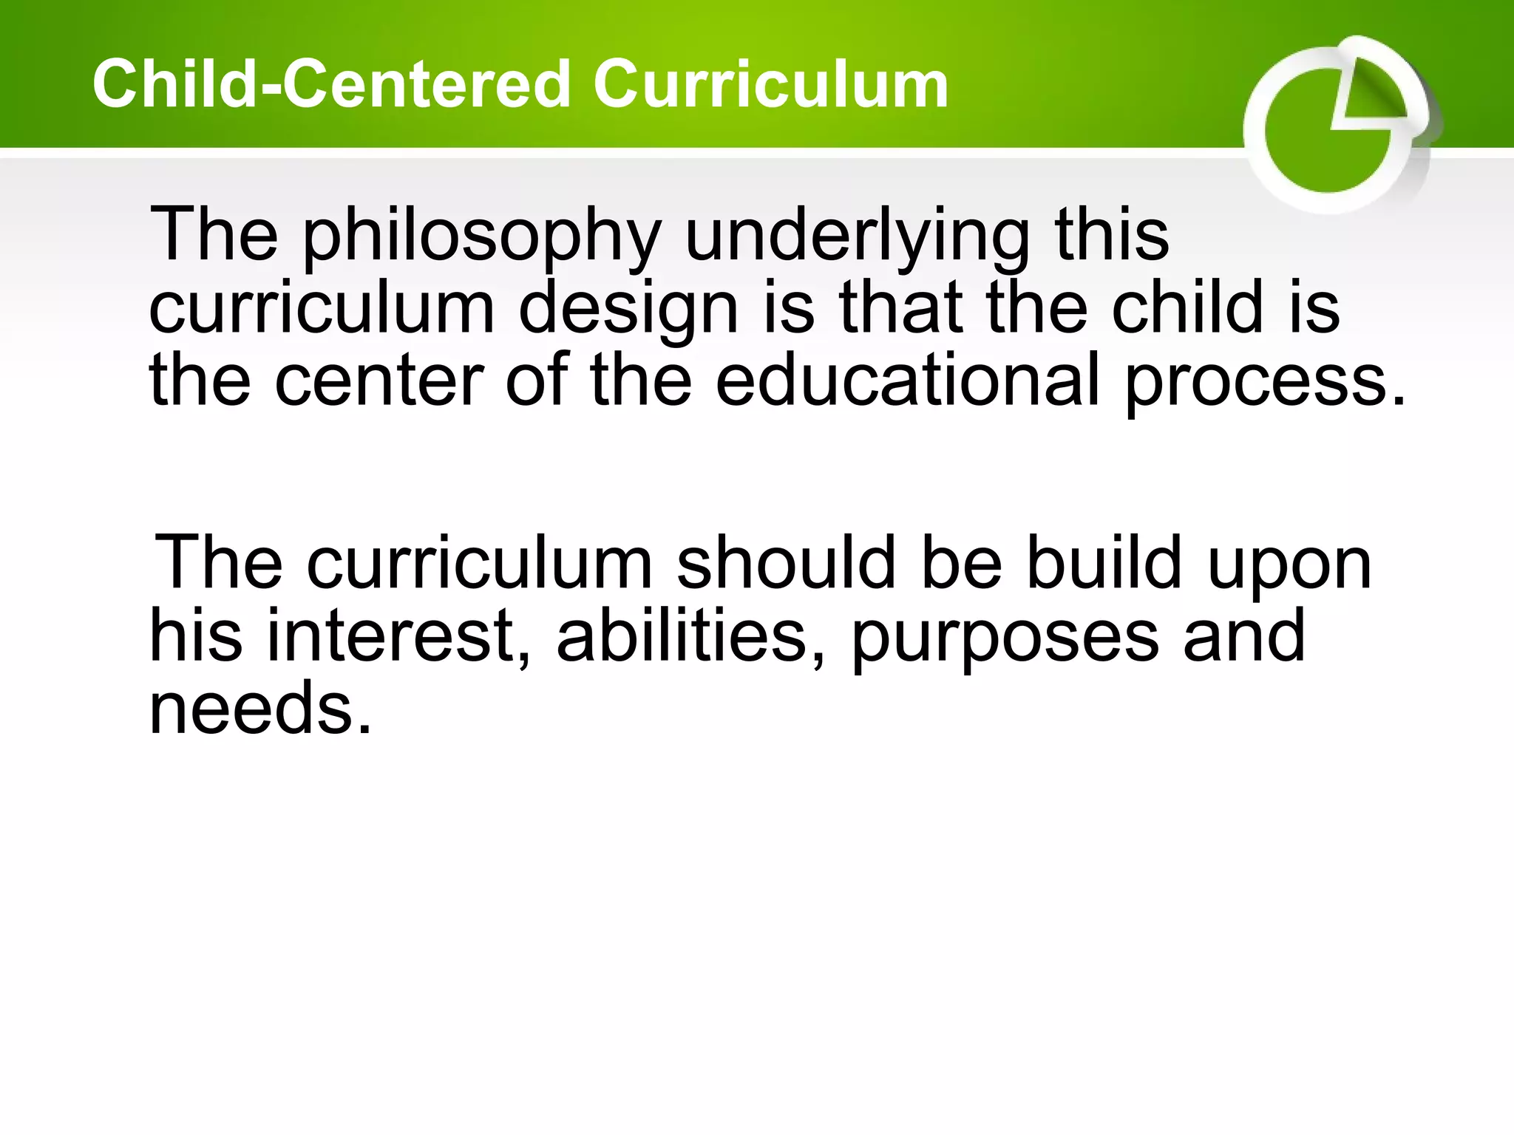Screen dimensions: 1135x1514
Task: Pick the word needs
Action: click(x=259, y=709)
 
